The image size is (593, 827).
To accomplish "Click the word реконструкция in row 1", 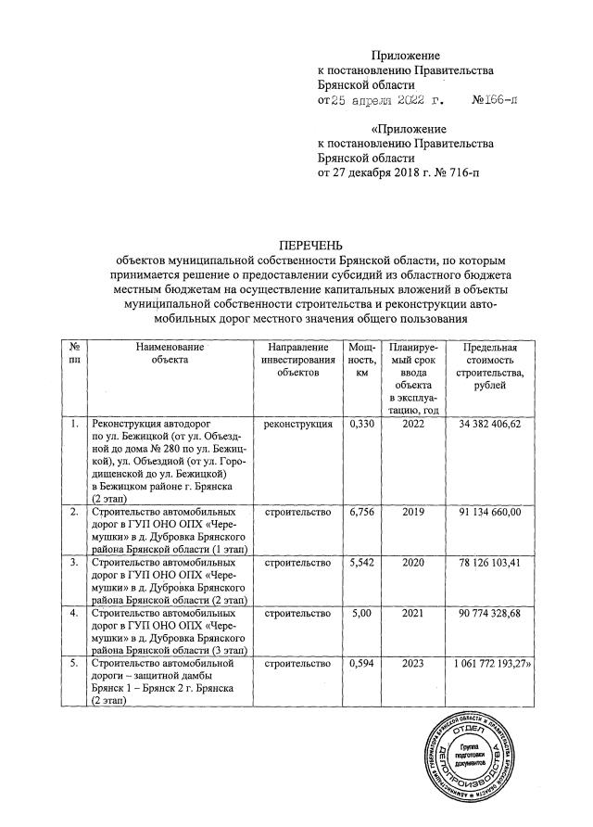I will point(297,425).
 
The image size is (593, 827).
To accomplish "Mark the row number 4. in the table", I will point(74,613).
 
